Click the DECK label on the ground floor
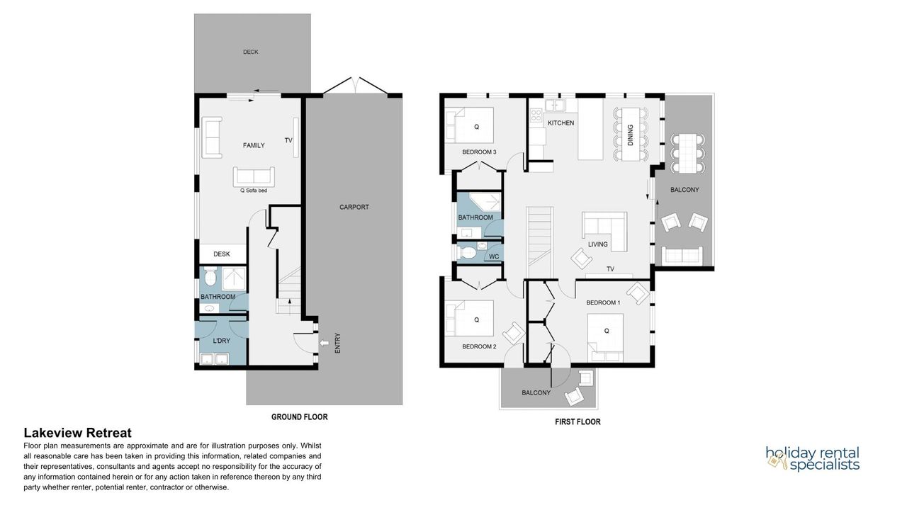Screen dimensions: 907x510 click(251, 52)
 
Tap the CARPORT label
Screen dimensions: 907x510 click(354, 207)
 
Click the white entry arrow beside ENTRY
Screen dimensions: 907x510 click(325, 343)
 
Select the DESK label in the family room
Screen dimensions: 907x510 click(222, 254)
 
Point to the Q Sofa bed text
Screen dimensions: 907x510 click(254, 191)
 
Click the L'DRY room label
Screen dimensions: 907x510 click(222, 341)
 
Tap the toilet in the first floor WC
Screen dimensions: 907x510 click(466, 253)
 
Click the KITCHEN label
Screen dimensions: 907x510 click(560, 123)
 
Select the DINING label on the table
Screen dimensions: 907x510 click(630, 135)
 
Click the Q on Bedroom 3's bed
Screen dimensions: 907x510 click(477, 127)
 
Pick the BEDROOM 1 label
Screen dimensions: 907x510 click(603, 302)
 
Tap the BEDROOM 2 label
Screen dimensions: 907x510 click(480, 346)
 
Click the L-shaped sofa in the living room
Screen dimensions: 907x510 click(604, 231)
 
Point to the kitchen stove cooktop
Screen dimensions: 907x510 click(536, 115)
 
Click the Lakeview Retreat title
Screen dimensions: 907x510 click(78, 433)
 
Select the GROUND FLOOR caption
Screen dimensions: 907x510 click(300, 417)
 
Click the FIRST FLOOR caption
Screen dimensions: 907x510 click(578, 421)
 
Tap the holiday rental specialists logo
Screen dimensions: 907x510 click(813, 459)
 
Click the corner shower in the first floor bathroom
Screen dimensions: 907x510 click(485, 203)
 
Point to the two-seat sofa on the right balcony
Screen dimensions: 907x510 click(682, 255)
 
